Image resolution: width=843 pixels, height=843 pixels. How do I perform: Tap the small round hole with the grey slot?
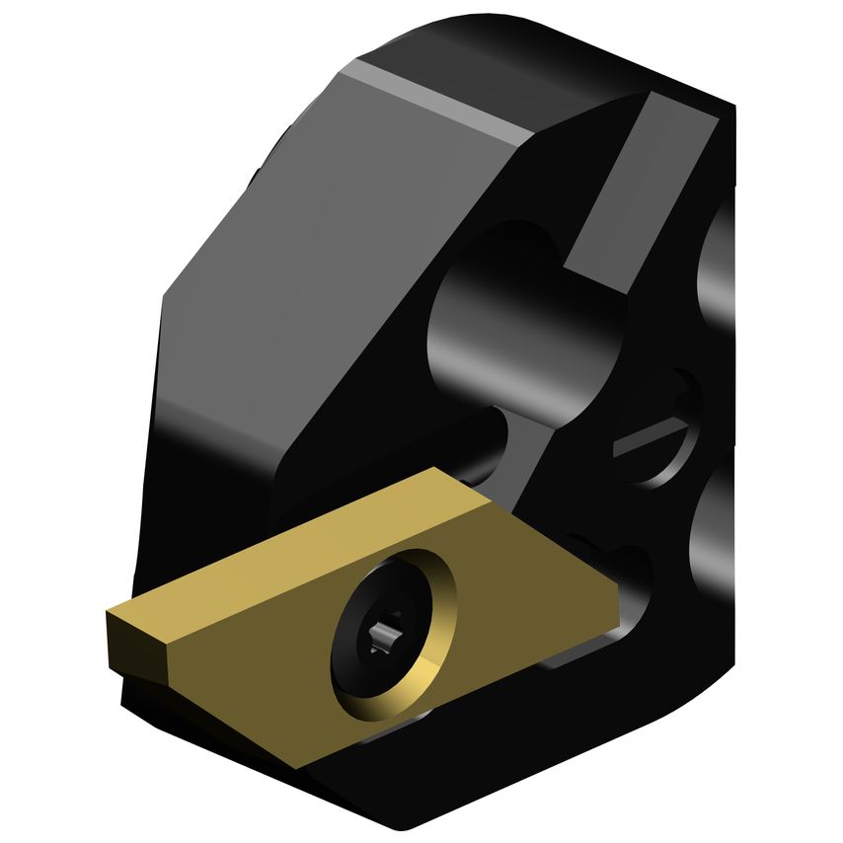point(656,434)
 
